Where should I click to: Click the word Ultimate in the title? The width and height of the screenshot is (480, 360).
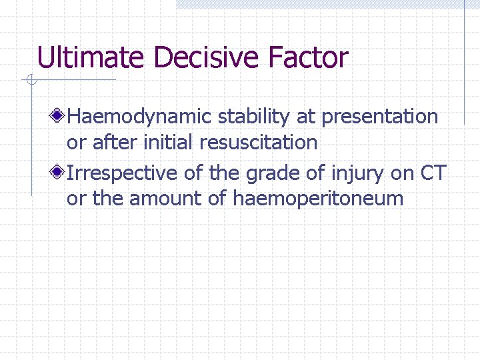89,58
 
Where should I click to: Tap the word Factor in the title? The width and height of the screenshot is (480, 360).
308,58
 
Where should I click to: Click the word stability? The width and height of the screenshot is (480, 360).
254,117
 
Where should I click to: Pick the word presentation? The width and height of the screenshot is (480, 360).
380,117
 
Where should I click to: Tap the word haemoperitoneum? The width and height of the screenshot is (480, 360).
318,199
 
